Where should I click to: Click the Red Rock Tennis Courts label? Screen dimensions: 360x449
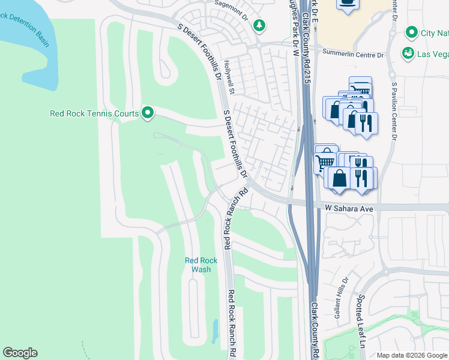coord(94,113)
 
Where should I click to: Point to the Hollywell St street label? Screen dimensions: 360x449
coord(228,76)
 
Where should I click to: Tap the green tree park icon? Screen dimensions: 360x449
coord(259,25)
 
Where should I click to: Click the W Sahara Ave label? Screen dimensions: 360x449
coord(349,208)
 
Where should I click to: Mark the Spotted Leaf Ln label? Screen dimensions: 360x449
coord(363,329)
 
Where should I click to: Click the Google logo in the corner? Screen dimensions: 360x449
coord(20,353)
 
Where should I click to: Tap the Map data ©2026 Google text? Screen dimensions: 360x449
coord(411,355)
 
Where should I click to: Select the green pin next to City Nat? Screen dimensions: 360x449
coord(412,32)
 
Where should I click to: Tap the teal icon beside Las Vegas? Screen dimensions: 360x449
coord(408,53)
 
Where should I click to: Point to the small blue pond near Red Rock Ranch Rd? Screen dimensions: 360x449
coord(215,329)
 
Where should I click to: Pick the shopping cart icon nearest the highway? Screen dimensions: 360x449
coord(325,161)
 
